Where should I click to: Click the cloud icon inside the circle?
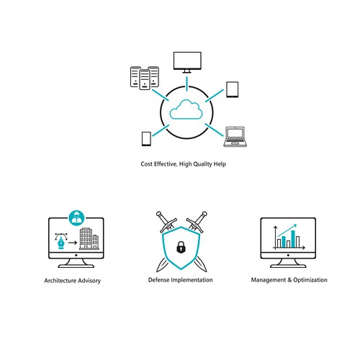click(x=186, y=109)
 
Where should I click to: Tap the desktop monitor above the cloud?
click(x=187, y=62)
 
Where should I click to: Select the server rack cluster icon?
click(x=145, y=78)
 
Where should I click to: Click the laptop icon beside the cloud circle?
click(x=235, y=137)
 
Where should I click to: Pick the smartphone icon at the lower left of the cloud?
click(x=146, y=139)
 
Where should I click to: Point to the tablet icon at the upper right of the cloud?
click(x=233, y=89)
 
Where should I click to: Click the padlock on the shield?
click(x=181, y=247)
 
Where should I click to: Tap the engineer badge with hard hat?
click(x=76, y=217)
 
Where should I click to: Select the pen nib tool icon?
click(x=61, y=241)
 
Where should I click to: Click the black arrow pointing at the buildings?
click(x=73, y=243)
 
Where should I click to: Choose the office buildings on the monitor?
click(x=89, y=239)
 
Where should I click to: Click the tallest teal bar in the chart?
click(x=293, y=239)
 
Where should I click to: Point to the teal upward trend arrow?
click(x=287, y=230)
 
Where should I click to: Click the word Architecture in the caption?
click(x=60, y=281)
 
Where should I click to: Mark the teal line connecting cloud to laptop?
click(x=214, y=130)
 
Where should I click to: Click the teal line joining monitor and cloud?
click(x=187, y=84)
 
